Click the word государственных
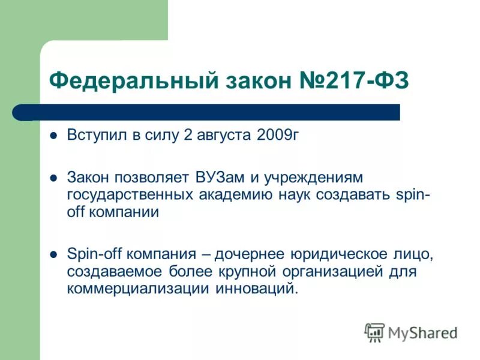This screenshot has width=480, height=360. point(130,195)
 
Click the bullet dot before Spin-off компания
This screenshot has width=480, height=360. point(54,254)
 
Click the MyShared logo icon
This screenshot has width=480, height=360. point(374,332)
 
